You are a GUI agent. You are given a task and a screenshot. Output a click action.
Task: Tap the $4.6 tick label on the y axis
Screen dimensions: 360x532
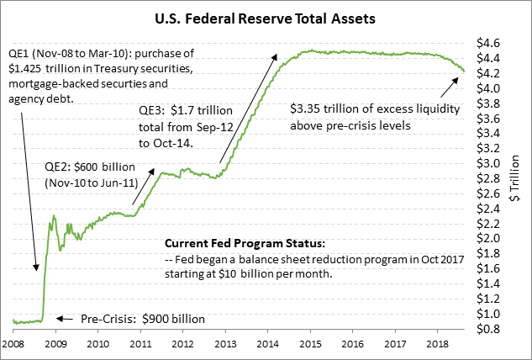click(x=489, y=43)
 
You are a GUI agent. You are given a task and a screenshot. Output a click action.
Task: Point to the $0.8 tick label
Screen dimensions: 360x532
click(x=489, y=327)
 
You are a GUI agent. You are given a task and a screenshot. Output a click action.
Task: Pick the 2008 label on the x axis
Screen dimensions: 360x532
click(x=14, y=345)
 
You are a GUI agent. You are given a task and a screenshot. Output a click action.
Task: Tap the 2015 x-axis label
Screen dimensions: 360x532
click(x=310, y=345)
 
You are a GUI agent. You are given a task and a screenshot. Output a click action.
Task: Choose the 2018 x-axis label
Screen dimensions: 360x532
click(x=437, y=345)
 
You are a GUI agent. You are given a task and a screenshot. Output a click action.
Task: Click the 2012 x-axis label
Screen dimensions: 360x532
click(x=183, y=345)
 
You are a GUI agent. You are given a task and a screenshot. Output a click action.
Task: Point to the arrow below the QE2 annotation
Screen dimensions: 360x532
click(x=143, y=185)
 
